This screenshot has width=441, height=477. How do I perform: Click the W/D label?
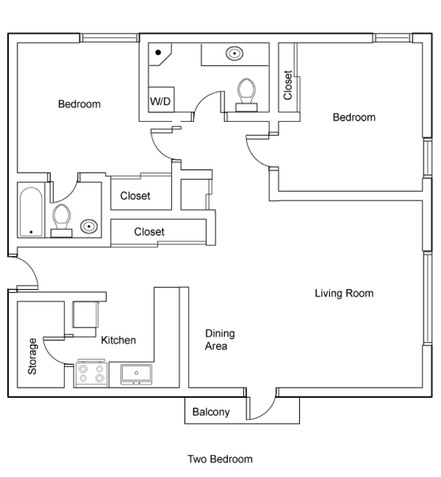161,101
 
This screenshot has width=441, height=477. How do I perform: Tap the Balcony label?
211,412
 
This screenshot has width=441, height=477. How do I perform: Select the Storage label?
32,356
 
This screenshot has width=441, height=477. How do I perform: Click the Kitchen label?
118,340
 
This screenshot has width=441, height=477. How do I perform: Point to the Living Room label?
344,293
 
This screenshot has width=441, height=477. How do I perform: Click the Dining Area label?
220,340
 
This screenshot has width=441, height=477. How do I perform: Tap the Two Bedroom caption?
220,459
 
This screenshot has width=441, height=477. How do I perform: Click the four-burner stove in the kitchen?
91,373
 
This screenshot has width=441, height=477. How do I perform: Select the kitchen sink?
136,374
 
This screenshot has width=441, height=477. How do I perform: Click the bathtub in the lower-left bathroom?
31,212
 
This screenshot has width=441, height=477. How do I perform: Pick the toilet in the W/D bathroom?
247,95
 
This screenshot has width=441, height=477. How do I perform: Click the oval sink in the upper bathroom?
235,53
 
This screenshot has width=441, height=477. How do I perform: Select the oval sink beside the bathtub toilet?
89,226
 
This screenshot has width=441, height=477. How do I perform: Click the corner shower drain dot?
158,52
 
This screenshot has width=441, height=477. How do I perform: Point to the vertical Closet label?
288,85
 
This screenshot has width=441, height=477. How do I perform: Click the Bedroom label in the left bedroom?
79,104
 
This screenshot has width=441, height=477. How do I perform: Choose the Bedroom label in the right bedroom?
354,117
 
